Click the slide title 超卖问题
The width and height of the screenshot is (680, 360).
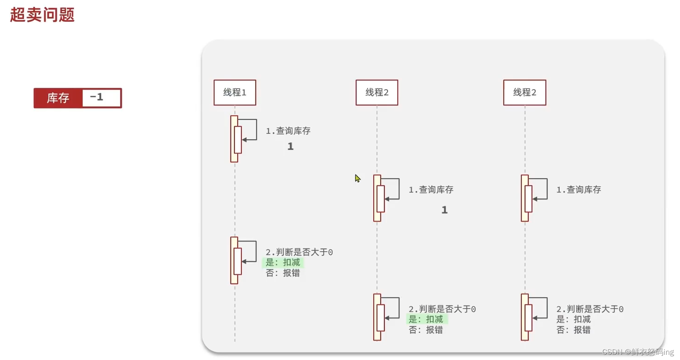pyautogui.click(x=42, y=15)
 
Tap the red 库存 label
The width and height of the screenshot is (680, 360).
pyautogui.click(x=58, y=98)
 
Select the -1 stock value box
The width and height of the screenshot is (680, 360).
pyautogui.click(x=101, y=98)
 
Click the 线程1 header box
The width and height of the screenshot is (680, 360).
pyautogui.click(x=235, y=92)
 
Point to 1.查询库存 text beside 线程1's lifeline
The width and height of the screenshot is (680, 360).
pyautogui.click(x=288, y=131)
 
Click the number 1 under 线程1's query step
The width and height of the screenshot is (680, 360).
pyautogui.click(x=290, y=146)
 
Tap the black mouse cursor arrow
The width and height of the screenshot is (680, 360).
pyautogui.click(x=358, y=178)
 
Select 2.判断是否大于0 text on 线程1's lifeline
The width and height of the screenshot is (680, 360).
pyautogui.click(x=299, y=252)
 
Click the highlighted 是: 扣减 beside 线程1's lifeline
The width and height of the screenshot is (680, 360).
pyautogui.click(x=283, y=262)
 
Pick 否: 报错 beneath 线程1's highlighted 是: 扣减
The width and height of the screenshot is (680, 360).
pyautogui.click(x=283, y=273)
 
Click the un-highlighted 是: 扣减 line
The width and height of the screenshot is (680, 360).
pyautogui.click(x=573, y=319)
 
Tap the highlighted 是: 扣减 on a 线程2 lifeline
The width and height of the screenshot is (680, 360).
pyautogui.click(x=426, y=319)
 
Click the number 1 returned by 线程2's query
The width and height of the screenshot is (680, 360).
pyautogui.click(x=444, y=210)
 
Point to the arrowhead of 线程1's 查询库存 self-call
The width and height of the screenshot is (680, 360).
pyautogui.click(x=244, y=140)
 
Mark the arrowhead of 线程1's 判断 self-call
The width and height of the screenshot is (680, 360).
pyautogui.click(x=244, y=261)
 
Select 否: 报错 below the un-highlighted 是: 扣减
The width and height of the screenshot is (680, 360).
pyautogui.click(x=573, y=330)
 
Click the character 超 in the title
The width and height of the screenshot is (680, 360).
pyautogui.click(x=18, y=15)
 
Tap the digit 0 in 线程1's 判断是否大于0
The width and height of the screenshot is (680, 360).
pyautogui.click(x=331, y=252)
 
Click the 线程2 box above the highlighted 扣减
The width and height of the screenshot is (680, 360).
pyautogui.click(x=376, y=92)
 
